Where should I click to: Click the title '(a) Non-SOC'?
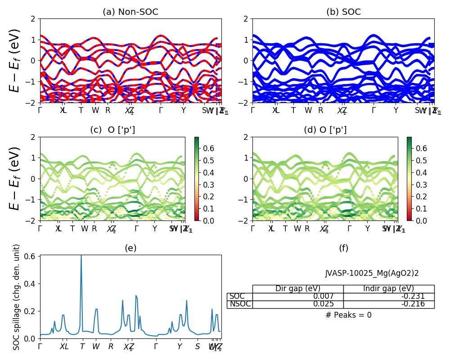pos(130,12)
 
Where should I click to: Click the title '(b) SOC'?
pos(343,12)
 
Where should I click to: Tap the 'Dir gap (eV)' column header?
pos(298,288)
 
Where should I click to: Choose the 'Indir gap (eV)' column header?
pos(389,288)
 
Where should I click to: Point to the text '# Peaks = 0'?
pos(348,315)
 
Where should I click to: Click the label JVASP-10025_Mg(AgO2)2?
pos(372,273)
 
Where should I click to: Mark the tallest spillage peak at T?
pos(81,256)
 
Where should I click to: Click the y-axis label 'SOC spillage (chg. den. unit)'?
pos(17,297)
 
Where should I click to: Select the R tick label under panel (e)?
pos(111,346)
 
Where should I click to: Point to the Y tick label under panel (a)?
pos(183,111)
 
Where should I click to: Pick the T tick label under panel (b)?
pos(293,111)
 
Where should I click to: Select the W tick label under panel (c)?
pos(85,229)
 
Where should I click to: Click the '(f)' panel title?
pos(343,248)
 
